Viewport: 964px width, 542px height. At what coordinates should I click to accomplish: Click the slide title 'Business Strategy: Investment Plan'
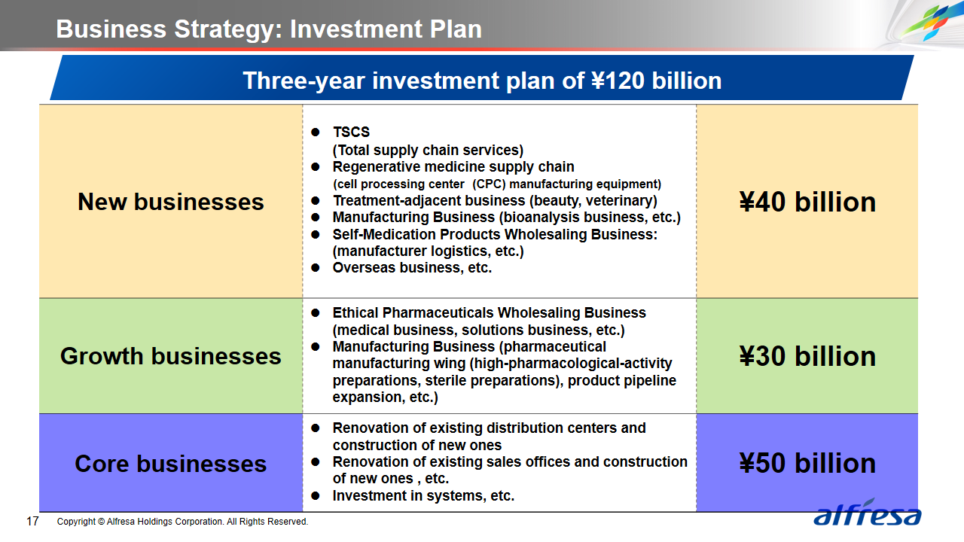(x=269, y=29)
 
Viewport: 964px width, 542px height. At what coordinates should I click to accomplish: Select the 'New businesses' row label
(x=171, y=202)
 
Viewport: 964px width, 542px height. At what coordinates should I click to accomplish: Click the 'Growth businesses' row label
(x=171, y=356)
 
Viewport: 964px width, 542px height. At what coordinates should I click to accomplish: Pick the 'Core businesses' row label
(x=171, y=463)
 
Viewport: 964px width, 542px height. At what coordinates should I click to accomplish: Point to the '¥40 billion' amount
(x=807, y=202)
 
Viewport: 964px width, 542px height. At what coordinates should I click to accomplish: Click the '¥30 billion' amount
(x=807, y=356)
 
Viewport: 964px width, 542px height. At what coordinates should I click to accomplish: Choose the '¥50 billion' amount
(x=807, y=463)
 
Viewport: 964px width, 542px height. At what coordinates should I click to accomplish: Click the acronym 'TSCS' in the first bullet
(x=351, y=132)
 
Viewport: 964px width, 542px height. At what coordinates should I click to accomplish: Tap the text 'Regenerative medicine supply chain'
(x=453, y=166)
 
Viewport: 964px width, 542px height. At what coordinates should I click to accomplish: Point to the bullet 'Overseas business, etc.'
(x=412, y=267)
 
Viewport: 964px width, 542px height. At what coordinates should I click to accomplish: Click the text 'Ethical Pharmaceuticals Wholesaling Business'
(x=490, y=312)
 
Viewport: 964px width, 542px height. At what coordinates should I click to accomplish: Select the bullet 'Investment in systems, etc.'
(x=423, y=495)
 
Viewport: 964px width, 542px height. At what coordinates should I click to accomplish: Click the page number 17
(x=32, y=522)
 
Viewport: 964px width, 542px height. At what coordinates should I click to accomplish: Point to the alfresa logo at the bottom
(x=867, y=513)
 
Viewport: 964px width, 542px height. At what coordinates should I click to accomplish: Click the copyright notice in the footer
(x=182, y=522)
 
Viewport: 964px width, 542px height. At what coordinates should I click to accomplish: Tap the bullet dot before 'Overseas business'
(x=316, y=267)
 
